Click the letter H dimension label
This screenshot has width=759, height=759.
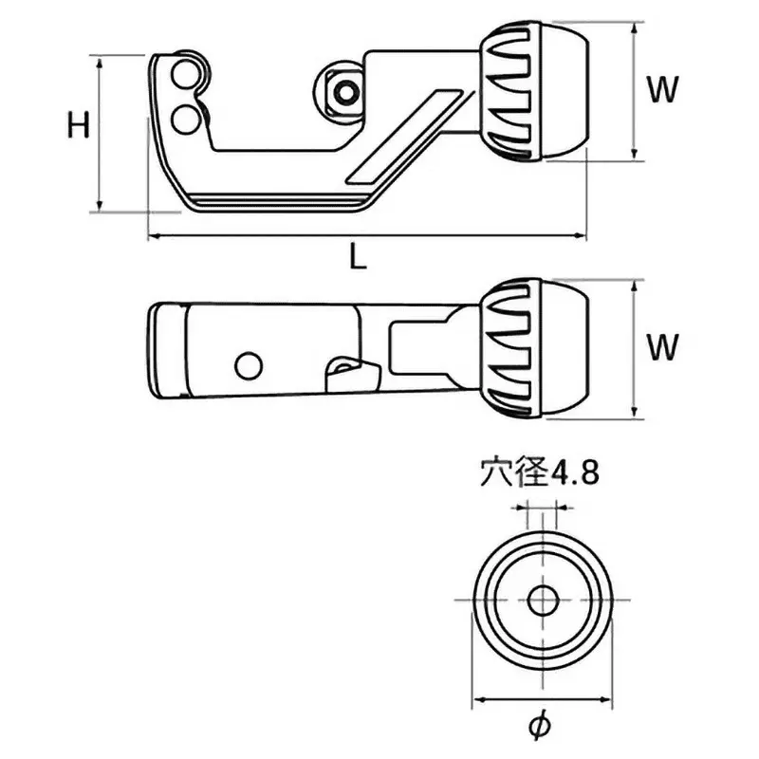79,125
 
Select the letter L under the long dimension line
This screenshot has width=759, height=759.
357,257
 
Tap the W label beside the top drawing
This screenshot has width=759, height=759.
663,90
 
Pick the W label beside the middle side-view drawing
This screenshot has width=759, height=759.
663,347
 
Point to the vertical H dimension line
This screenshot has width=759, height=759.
99,133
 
